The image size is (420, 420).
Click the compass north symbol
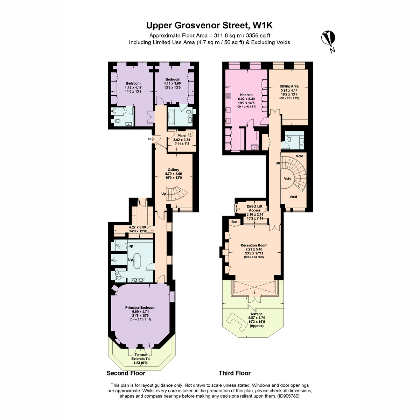328,41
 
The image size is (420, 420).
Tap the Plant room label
182,136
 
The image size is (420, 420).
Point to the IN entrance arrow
150,139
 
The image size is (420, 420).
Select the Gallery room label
174,170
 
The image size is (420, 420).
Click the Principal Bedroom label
140,308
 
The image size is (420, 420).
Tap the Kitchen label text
246,95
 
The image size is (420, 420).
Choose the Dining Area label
289,86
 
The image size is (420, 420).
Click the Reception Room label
254,245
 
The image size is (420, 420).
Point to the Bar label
234,222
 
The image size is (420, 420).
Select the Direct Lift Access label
254,208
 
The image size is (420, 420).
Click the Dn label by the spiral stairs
278,163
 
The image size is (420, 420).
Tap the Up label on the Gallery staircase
163,194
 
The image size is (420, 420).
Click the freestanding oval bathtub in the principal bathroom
137,261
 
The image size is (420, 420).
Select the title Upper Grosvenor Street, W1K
209,25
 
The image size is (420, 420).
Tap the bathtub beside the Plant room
171,117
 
